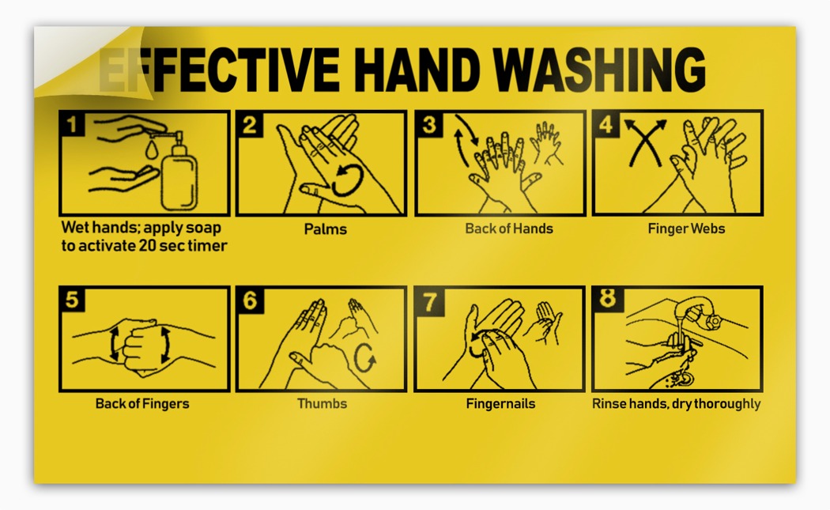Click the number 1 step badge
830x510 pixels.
[72, 124]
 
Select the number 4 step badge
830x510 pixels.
[606, 124]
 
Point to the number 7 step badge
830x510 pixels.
[428, 300]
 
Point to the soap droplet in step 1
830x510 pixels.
[152, 149]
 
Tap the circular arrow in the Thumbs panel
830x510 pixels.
[364, 358]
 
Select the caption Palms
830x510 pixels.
[325, 229]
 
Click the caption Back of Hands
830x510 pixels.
[509, 229]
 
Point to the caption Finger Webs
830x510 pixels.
[686, 229]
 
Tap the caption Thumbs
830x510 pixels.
[322, 403]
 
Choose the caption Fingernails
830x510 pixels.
[500, 404]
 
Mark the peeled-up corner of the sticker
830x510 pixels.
[79, 59]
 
